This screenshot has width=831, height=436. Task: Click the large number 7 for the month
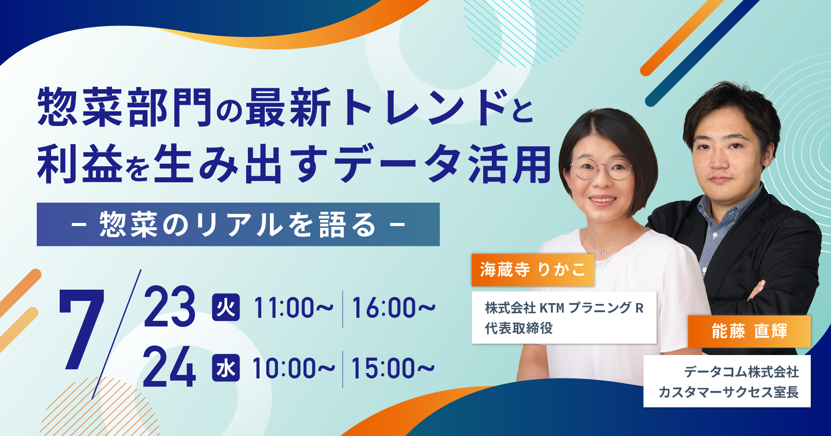[x=82, y=329]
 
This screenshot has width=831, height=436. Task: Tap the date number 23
[x=169, y=306]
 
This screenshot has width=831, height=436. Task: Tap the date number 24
[x=169, y=367]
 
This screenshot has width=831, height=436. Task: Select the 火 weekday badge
[x=226, y=307]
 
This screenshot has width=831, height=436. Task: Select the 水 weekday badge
[x=226, y=368]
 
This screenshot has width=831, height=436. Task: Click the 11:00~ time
[x=293, y=308]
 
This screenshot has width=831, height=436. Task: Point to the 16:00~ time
[x=393, y=308]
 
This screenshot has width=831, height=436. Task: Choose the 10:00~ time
[x=293, y=368]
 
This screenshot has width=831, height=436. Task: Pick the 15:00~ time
[x=392, y=368]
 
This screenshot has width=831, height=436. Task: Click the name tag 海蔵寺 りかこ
[x=533, y=270]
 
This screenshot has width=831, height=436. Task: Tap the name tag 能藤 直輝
[x=749, y=331]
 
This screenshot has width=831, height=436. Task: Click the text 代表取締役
[x=519, y=328]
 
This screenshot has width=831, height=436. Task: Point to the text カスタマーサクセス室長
[x=728, y=392]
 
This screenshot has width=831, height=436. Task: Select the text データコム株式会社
[x=741, y=372]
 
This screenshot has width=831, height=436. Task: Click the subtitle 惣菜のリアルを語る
[x=238, y=225]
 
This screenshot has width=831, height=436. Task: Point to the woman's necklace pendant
[x=601, y=252]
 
